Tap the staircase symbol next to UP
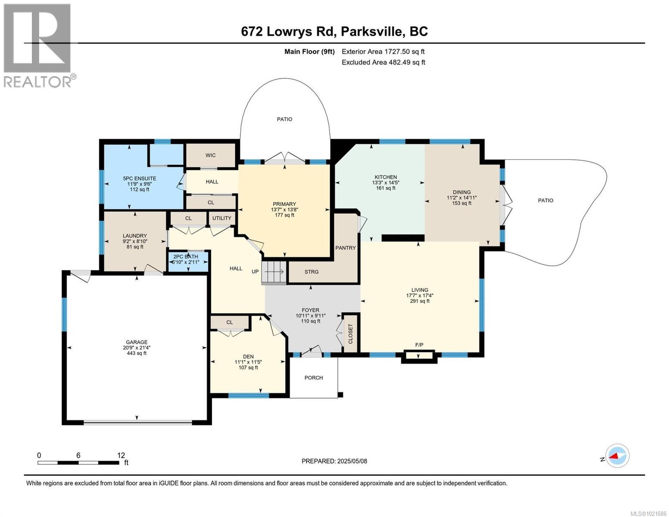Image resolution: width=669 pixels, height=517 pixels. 274,272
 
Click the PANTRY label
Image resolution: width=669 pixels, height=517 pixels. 345,248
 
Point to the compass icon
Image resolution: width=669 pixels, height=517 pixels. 617,455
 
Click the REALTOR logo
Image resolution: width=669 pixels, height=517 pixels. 38,45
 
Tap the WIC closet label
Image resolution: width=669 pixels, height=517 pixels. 210,155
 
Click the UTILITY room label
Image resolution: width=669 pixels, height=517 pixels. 221,218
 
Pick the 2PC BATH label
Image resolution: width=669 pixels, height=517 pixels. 186,256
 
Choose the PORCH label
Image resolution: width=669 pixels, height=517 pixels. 314,378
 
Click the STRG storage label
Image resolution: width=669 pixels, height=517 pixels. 311,272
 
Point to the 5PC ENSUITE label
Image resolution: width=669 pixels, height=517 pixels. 139,178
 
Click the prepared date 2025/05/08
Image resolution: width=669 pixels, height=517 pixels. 351,461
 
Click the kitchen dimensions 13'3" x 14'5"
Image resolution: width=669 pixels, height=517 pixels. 385,183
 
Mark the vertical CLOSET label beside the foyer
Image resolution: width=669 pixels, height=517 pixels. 350,333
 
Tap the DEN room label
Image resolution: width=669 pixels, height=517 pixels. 248,356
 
